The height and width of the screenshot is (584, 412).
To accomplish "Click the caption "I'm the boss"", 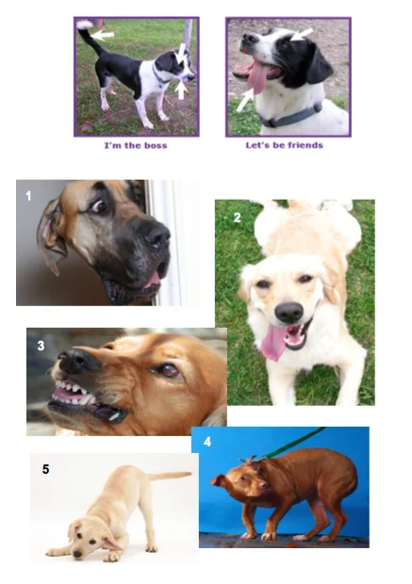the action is [x=136, y=145].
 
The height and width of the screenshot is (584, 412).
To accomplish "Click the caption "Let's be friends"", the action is [x=284, y=145].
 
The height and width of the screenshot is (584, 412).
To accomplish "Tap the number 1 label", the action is [x=28, y=196].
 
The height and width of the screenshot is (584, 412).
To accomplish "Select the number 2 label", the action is [x=238, y=218].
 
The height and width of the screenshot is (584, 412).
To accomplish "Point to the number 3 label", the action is [x=41, y=346].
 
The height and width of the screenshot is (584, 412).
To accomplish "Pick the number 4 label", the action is [x=207, y=442].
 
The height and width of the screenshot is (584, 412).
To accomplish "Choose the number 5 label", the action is [x=45, y=469].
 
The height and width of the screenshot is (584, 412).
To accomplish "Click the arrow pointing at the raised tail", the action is [x=104, y=36].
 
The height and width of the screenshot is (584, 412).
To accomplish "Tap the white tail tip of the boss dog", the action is [x=85, y=24].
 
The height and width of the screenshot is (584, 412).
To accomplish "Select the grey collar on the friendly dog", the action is [x=290, y=117].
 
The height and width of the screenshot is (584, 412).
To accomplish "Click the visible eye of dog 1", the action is [x=99, y=206].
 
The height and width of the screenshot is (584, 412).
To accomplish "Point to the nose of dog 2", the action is [x=288, y=312].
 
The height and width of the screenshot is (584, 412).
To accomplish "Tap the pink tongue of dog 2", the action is [x=274, y=341].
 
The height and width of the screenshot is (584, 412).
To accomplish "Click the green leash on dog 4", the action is [x=294, y=443].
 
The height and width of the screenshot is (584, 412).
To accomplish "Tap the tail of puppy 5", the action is [x=170, y=476].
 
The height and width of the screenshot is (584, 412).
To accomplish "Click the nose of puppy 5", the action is [x=77, y=555].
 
